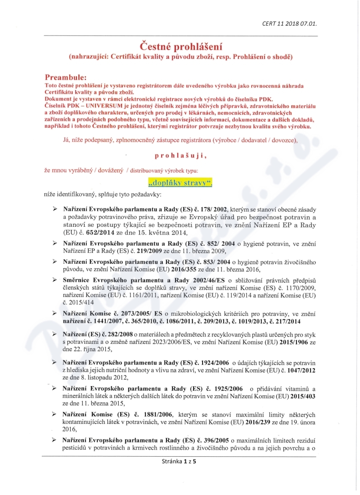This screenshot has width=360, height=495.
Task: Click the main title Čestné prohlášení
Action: (x=180, y=46)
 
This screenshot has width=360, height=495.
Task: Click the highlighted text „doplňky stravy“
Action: (x=180, y=183)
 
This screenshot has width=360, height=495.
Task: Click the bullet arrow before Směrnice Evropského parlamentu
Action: (x=55, y=280)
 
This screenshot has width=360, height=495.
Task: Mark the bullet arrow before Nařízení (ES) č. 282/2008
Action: (x=55, y=334)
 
